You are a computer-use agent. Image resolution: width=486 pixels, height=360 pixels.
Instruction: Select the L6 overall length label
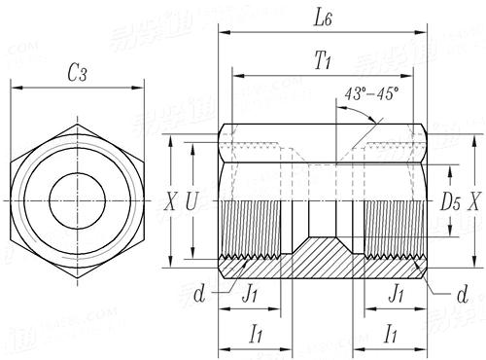(323, 18)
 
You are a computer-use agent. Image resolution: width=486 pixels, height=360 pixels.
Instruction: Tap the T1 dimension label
(325, 61)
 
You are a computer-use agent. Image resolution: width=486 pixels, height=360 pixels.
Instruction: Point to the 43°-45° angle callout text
(371, 93)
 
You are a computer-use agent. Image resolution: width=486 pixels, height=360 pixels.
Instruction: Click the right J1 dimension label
(396, 292)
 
